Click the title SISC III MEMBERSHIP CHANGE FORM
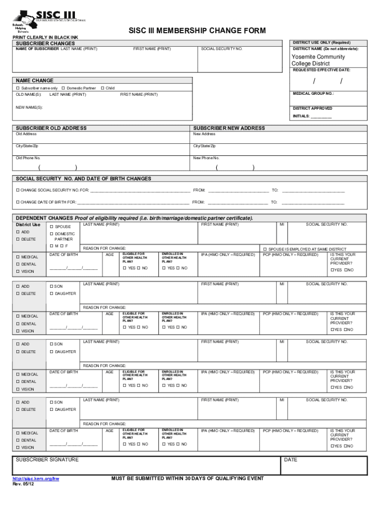(x=197, y=31)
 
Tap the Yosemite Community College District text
(x=318, y=60)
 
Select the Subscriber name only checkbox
(x=17, y=88)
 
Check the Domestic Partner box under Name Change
(x=64, y=88)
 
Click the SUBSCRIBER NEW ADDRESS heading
(x=229, y=128)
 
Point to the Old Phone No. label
(x=28, y=158)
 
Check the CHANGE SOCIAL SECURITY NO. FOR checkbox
(x=17, y=190)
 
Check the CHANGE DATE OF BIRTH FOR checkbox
(x=17, y=202)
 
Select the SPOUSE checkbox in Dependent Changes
(x=52, y=227)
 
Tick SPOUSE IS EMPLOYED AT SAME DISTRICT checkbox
(x=265, y=249)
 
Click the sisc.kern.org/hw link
(x=36, y=479)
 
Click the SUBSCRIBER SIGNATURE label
(x=47, y=460)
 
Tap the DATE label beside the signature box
(x=291, y=460)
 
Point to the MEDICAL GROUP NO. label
(x=313, y=93)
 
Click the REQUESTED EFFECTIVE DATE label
(x=321, y=70)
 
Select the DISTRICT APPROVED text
(x=313, y=108)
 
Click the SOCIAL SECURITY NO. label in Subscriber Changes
(x=222, y=49)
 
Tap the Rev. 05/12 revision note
(x=24, y=484)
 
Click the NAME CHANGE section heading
(x=35, y=80)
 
